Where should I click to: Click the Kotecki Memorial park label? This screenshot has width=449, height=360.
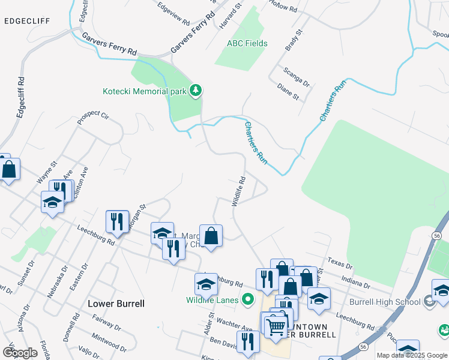[144, 92]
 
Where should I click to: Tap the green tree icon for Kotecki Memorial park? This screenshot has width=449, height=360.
[195, 91]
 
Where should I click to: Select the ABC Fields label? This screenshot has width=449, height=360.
[247, 44]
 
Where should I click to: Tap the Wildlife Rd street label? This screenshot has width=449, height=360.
[239, 191]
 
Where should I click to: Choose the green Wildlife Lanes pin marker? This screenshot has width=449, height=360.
[247, 299]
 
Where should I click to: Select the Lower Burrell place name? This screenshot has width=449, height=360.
[116, 304]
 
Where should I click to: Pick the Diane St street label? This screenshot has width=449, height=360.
[288, 91]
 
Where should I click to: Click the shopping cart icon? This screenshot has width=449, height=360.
[276, 326]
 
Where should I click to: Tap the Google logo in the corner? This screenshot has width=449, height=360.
[20, 353]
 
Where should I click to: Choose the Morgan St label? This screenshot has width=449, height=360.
[136, 219]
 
